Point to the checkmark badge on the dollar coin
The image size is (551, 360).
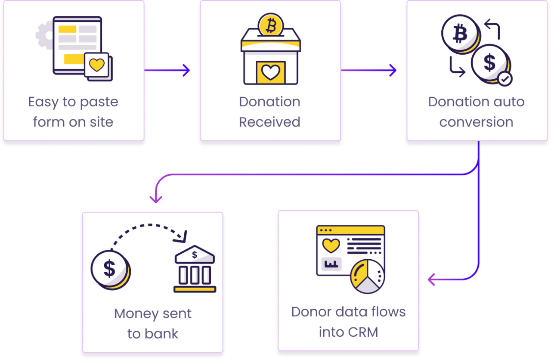coord(505,79)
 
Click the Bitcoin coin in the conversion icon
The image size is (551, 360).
coord(460,33)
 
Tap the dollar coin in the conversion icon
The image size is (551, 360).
coord(489,63)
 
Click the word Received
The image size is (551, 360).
coord(270,122)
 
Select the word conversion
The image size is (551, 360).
coord(476,122)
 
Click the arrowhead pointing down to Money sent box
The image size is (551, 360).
coord(155,199)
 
